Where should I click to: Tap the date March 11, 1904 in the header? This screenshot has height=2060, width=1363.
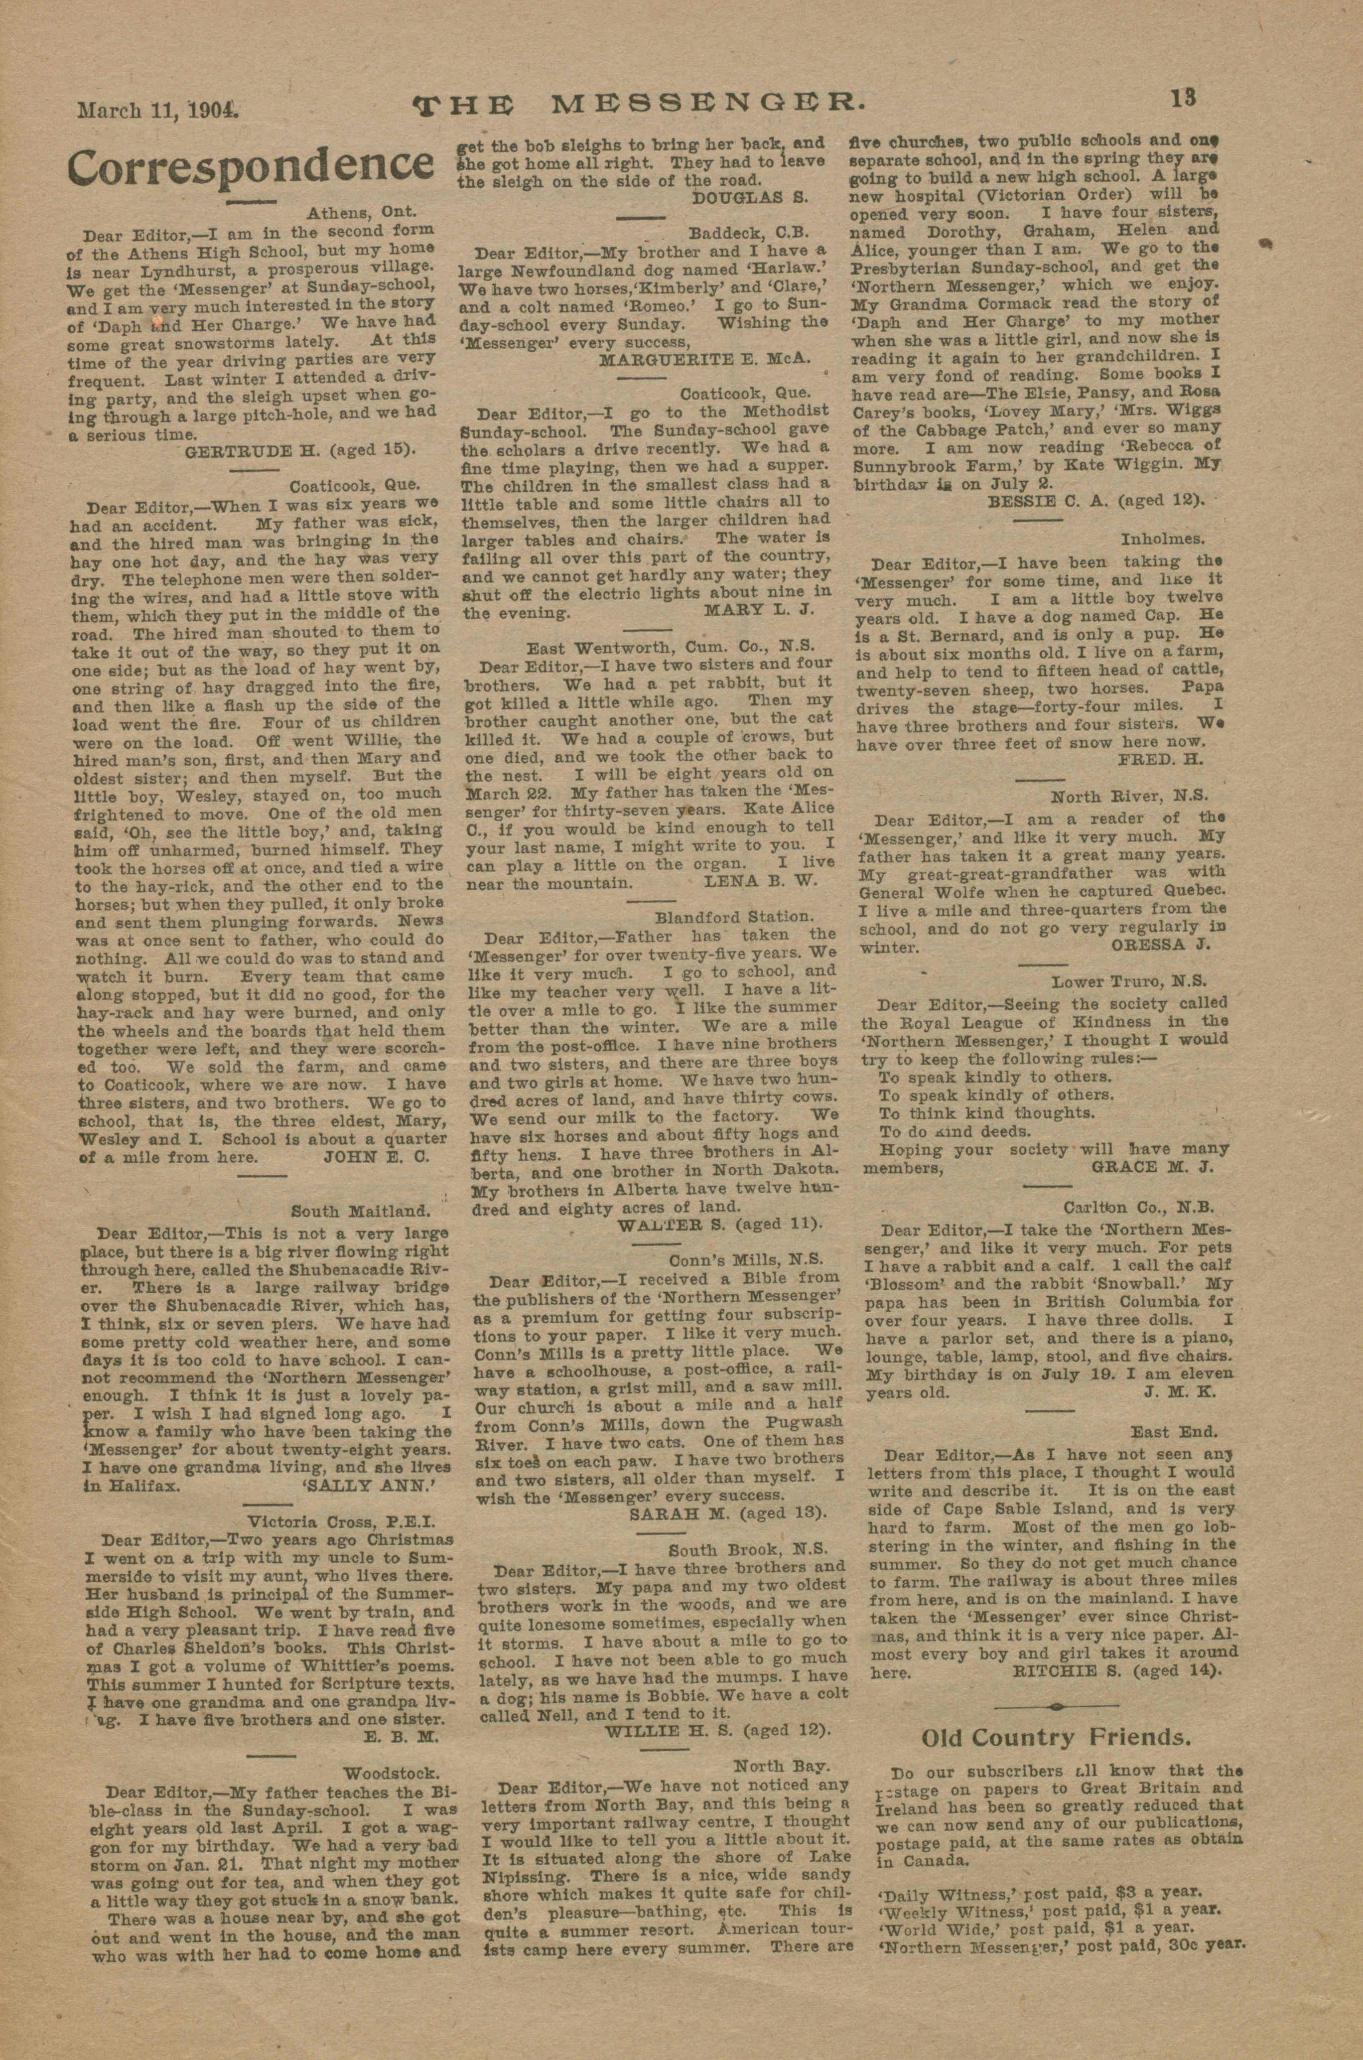tap(158, 111)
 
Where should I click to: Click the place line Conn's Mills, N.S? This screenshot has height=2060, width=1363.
tap(745, 1258)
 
